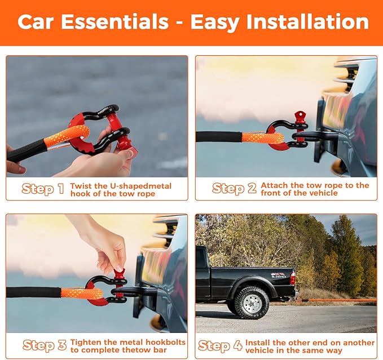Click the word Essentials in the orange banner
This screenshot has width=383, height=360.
click(x=115, y=22)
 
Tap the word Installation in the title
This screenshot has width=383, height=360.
click(x=307, y=22)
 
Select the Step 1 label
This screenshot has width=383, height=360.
click(x=43, y=189)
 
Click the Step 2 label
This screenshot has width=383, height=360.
click(x=234, y=188)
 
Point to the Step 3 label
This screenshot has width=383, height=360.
click(x=45, y=345)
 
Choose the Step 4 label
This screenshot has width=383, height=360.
click(x=220, y=345)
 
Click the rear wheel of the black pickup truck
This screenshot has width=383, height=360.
click(x=252, y=303)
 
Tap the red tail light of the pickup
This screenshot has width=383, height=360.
click(x=292, y=278)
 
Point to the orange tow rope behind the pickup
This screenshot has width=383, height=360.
click(x=337, y=300)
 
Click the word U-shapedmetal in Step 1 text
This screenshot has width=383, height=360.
click(x=140, y=186)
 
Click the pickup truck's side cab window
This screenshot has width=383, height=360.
click(x=202, y=259)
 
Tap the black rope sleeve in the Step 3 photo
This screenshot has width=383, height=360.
click(x=33, y=292)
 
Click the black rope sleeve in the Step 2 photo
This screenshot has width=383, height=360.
click(x=219, y=136)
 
